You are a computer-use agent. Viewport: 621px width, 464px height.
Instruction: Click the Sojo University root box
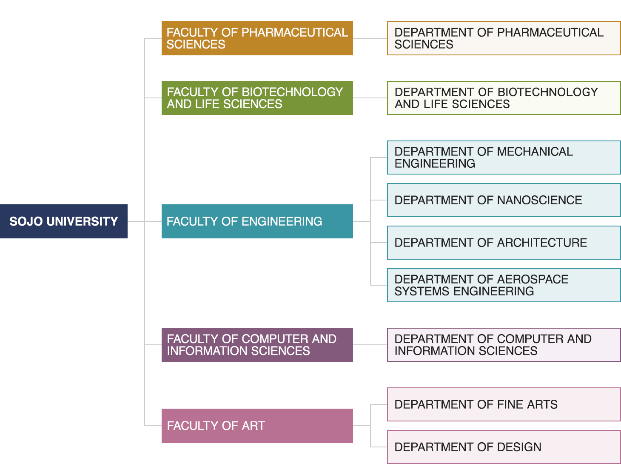64,221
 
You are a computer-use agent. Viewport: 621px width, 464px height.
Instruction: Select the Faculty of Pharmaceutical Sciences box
257,38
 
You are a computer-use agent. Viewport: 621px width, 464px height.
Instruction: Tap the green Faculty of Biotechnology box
257,98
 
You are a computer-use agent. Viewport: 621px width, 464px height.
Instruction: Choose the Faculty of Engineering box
257,221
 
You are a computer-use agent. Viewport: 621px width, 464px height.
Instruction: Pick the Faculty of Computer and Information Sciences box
257,345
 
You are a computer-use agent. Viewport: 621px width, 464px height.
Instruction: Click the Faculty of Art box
257,426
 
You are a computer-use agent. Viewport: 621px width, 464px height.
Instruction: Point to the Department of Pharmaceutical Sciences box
504,38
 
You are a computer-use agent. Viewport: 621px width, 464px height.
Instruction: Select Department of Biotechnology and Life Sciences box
504,98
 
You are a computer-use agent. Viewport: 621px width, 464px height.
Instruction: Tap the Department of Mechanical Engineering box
504,158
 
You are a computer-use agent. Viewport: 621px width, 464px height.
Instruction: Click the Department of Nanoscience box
504,200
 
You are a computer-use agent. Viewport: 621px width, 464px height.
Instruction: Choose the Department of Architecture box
504,243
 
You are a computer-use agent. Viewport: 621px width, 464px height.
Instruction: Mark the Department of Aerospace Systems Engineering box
504,285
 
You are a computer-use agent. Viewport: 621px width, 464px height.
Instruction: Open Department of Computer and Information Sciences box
504,345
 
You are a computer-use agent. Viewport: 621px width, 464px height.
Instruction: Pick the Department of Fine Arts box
504,404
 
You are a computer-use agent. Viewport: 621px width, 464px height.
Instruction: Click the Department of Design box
504,447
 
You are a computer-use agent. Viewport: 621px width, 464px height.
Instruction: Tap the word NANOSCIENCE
539,200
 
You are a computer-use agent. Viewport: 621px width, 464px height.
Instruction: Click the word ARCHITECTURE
542,243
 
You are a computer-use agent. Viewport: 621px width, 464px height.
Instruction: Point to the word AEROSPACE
533,279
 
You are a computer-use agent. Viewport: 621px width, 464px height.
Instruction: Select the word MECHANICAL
535,152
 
